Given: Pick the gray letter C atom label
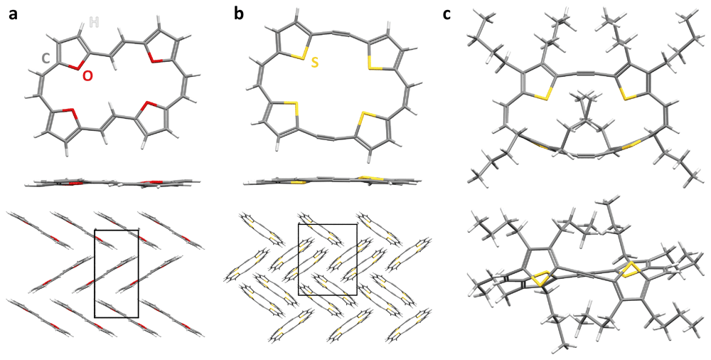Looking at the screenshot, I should pos(46,60).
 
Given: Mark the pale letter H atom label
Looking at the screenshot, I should pos(94,23).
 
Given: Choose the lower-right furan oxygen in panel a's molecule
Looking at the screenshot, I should pos(148,107).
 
